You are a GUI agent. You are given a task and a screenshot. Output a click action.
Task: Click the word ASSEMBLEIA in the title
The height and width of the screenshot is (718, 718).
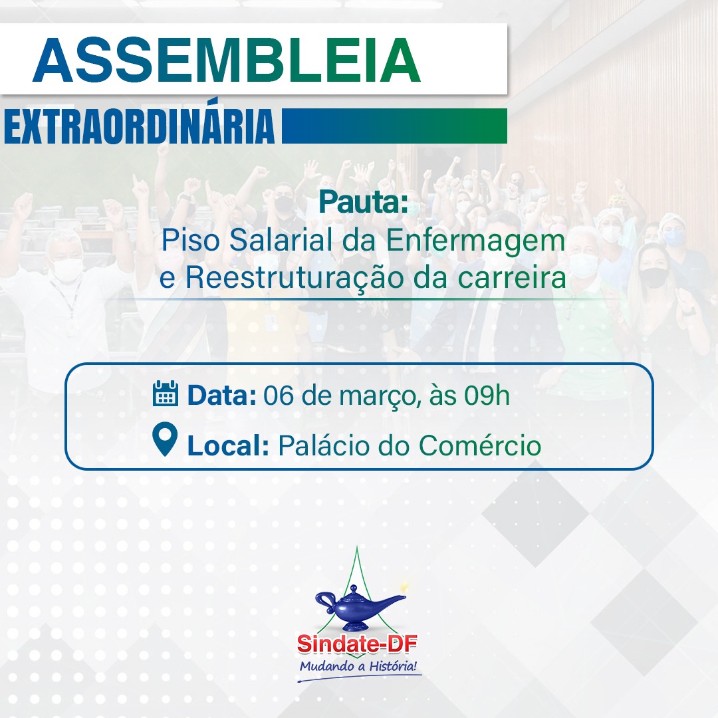coord(226,60)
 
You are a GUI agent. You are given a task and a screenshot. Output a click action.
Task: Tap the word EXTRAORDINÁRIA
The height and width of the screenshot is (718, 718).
coord(139,126)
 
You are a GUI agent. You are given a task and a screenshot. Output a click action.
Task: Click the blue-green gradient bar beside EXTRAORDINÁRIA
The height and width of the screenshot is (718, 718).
coord(394,126)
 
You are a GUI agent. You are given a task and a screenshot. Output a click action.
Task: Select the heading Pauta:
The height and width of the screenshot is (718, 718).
coord(363,202)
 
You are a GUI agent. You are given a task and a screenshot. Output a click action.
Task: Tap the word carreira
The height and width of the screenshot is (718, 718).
coord(512,278)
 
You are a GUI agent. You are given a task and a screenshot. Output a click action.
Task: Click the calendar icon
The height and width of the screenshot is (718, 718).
coord(165,394)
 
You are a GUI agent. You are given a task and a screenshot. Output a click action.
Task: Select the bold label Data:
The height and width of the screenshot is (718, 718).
coord(221,395)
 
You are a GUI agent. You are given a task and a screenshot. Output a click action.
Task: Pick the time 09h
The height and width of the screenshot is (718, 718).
coord(487,395)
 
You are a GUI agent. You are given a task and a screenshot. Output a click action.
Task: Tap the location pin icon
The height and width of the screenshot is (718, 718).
coord(165,439)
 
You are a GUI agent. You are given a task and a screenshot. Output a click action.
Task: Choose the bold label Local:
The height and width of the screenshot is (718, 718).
coord(228,445)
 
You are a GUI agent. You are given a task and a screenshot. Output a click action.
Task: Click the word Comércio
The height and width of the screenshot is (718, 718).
coord(481,445)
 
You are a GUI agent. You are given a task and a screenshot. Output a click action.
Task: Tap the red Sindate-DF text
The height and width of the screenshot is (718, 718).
coord(357,644)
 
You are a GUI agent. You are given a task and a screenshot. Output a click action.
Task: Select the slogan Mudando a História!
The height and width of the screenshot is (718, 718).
coord(358,665)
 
